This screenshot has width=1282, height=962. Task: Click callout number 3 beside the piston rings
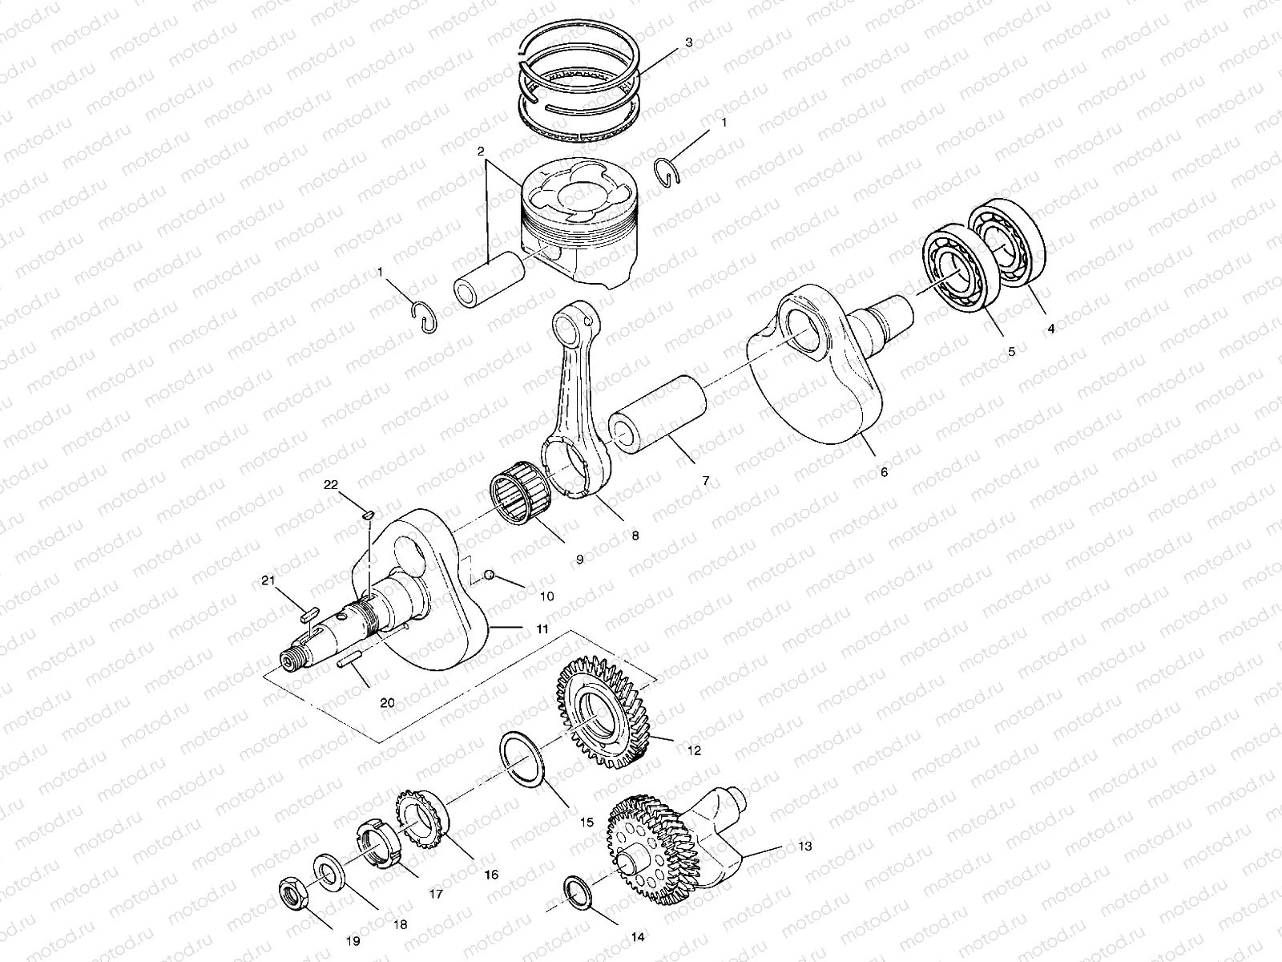[688, 43]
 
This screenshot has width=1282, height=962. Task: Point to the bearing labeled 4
[1007, 240]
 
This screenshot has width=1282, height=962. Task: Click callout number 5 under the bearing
[1011, 351]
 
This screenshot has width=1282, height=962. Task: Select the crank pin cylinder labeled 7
[659, 414]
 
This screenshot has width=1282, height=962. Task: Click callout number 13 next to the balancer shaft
[804, 846]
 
